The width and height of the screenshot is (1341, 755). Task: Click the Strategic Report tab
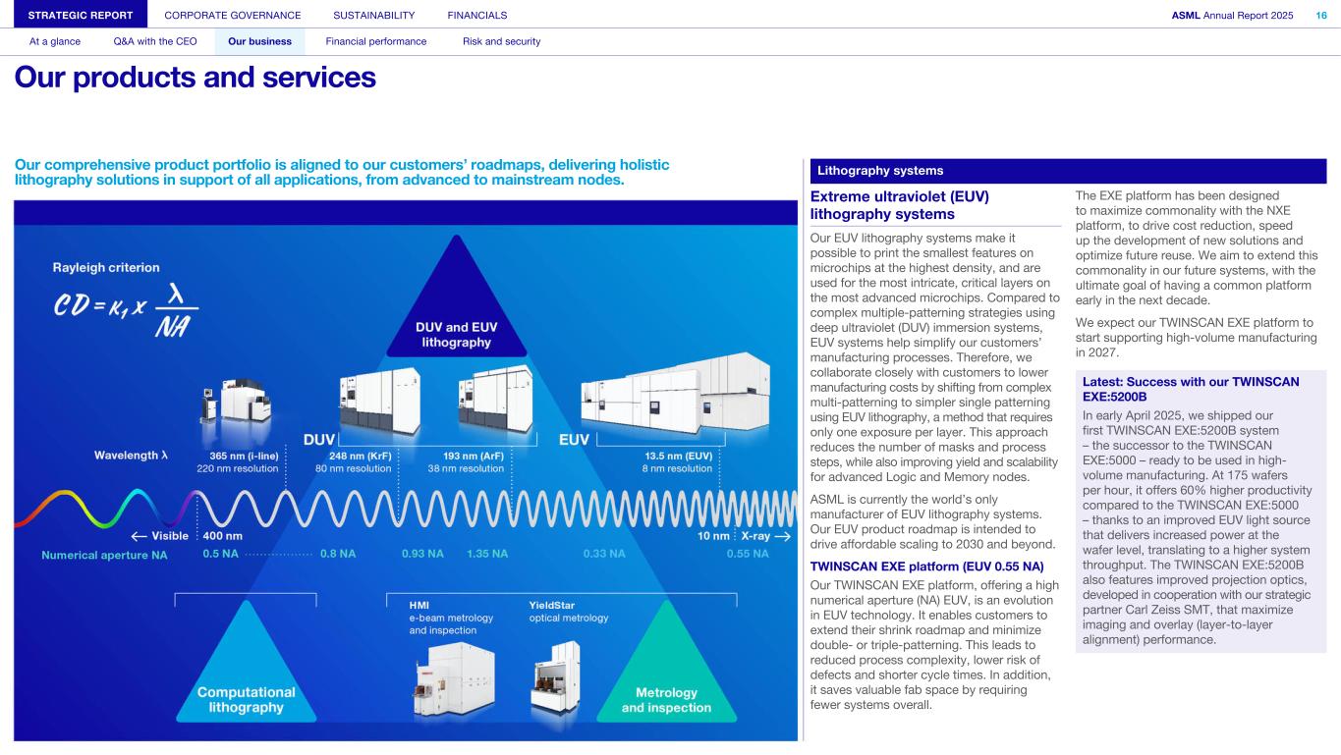pyautogui.click(x=81, y=15)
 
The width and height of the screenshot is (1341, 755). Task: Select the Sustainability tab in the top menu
pyautogui.click(x=373, y=15)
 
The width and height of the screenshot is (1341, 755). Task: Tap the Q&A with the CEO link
pyautogui.click(x=155, y=41)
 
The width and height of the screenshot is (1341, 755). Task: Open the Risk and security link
pyautogui.click(x=501, y=41)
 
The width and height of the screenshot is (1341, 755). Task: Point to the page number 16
pyautogui.click(x=1321, y=15)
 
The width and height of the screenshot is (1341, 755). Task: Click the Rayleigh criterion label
pyautogui.click(x=106, y=267)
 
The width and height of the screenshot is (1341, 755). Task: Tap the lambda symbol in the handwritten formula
pyautogui.click(x=176, y=295)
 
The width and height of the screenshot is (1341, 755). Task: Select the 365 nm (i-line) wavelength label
pyautogui.click(x=244, y=456)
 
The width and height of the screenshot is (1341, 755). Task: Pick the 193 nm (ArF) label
pyautogui.click(x=473, y=456)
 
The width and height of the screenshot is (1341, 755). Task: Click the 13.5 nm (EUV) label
pyautogui.click(x=678, y=456)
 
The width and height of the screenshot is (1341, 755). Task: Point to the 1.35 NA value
pyautogui.click(x=487, y=554)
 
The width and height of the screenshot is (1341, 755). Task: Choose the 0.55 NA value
pyautogui.click(x=748, y=554)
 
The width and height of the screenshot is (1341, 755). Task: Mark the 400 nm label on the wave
pyautogui.click(x=223, y=536)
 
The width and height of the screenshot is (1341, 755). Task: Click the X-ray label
pyautogui.click(x=755, y=536)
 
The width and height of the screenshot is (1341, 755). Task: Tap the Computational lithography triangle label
pyautogui.click(x=246, y=699)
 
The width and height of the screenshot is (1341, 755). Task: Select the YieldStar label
pyautogui.click(x=551, y=606)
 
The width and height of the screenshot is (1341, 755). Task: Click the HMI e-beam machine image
pyautogui.click(x=455, y=679)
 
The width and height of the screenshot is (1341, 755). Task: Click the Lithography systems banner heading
pyautogui.click(x=880, y=171)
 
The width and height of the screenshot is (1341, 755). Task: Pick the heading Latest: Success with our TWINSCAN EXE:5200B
pyautogui.click(x=1191, y=389)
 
